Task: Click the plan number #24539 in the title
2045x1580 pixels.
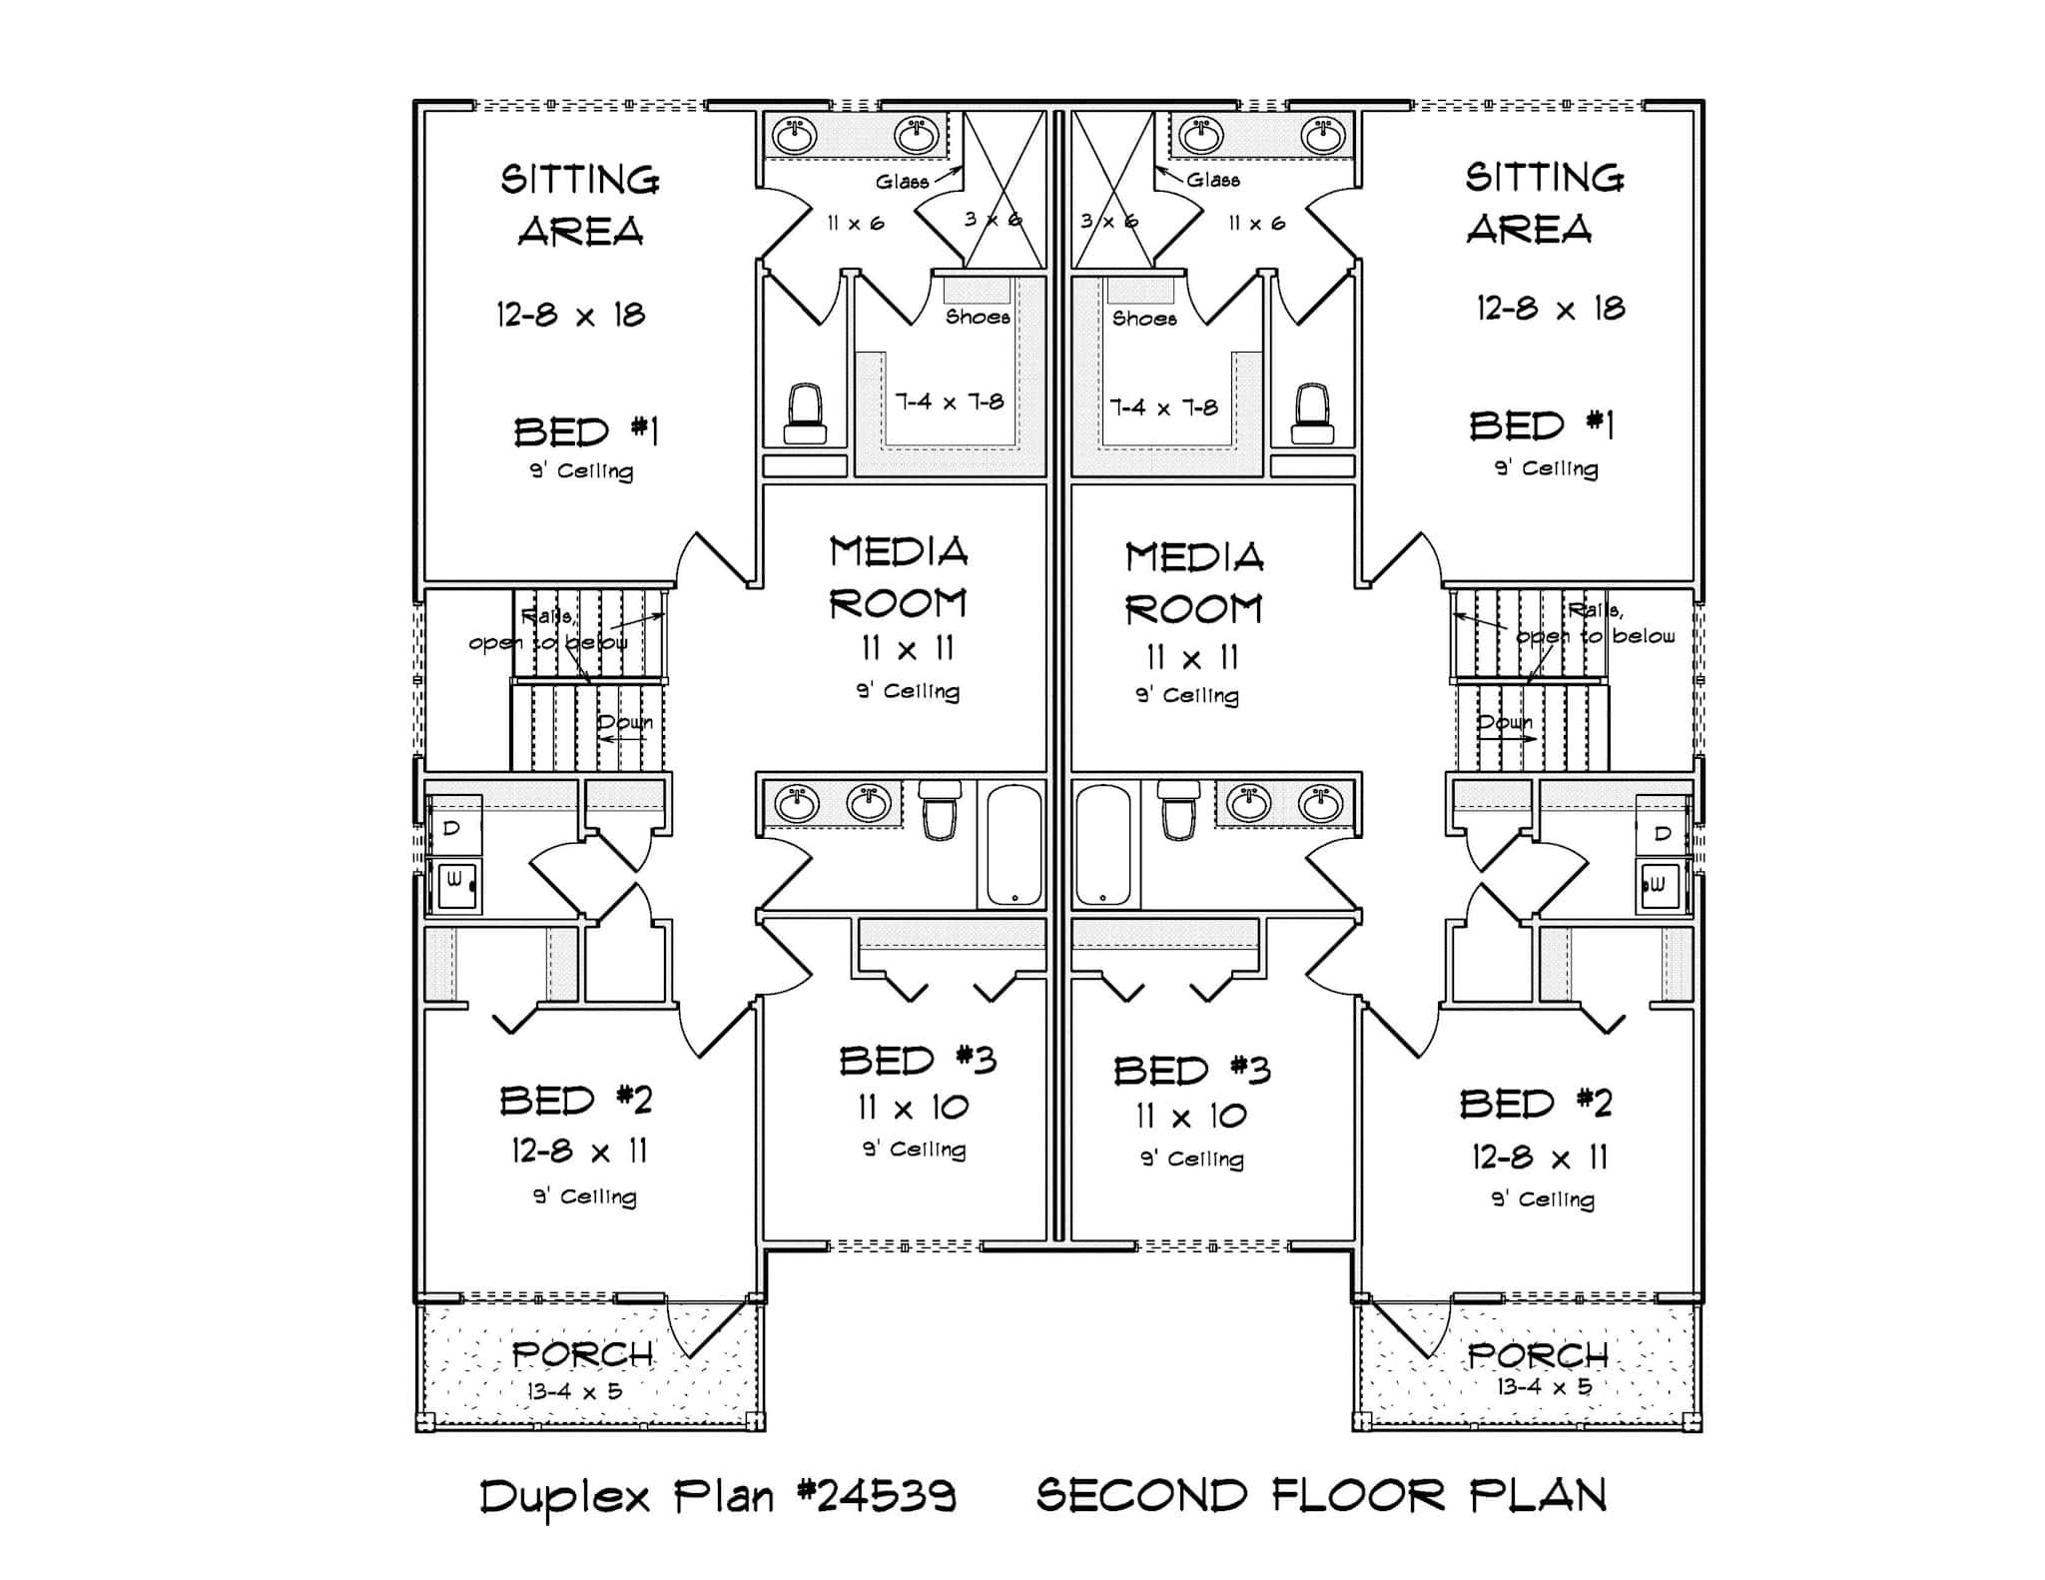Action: point(877,1496)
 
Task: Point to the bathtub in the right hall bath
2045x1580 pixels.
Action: point(1103,844)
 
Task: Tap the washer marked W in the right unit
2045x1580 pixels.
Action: point(1660,884)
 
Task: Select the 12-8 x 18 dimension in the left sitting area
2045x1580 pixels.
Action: point(571,316)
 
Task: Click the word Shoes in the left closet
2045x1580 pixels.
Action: point(978,318)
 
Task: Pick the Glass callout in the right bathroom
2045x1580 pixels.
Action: point(1213,180)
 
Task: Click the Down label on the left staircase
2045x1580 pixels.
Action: point(625,722)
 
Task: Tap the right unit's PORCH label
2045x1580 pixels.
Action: point(1538,1355)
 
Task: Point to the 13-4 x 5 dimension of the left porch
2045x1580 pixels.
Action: point(575,1391)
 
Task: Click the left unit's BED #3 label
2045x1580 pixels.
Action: point(918,1061)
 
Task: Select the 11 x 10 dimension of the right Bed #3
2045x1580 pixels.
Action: point(1191,1116)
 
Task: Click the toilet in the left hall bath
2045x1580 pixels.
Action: point(939,809)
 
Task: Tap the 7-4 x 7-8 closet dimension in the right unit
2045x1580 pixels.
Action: point(1164,407)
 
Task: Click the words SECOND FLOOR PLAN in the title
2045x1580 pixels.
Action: point(1321,1496)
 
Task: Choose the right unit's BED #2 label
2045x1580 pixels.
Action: point(1536,1104)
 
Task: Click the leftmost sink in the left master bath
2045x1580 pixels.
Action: point(795,136)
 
